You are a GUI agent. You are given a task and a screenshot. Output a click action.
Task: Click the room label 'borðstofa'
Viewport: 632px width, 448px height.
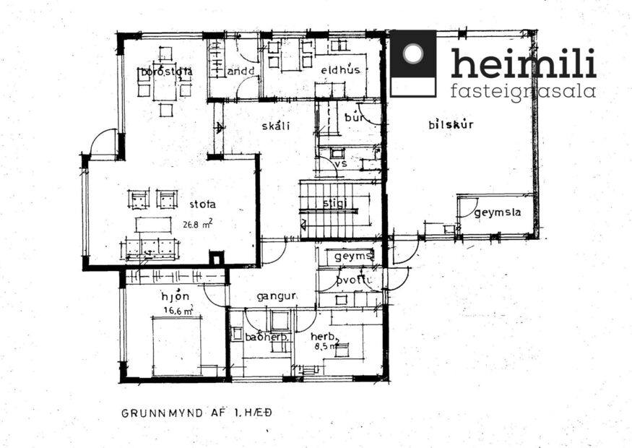click(166, 72)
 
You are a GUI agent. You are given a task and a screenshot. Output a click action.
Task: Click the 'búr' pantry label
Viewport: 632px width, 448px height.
click(353, 116)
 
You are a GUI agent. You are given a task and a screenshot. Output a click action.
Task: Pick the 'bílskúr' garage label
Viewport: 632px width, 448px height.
click(450, 124)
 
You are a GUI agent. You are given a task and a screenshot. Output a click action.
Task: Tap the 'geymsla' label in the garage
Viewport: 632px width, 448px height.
click(498, 212)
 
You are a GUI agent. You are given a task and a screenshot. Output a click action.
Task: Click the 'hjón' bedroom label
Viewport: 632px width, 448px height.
click(175, 296)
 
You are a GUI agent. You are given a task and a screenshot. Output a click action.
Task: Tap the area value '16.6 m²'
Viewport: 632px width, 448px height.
click(178, 311)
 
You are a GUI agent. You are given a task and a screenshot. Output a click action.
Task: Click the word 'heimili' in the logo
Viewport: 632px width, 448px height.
click(523, 64)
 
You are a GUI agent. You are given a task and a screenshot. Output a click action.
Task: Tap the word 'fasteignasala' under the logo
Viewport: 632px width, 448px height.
click(523, 92)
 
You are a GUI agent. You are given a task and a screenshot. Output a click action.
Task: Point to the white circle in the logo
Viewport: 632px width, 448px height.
click(413, 54)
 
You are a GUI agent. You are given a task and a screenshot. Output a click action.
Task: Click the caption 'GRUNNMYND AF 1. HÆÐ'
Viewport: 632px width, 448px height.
click(196, 414)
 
